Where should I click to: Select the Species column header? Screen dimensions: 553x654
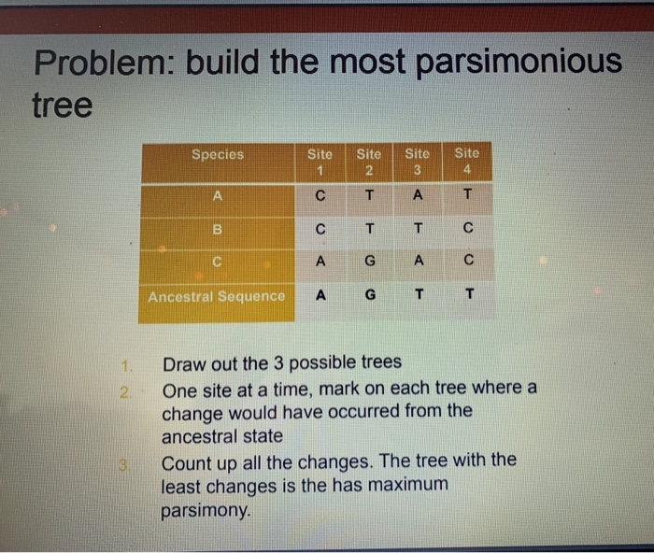(x=217, y=155)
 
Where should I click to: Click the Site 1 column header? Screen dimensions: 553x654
(x=320, y=161)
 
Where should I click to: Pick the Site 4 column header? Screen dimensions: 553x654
(x=466, y=161)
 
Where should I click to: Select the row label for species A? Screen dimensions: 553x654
(x=218, y=196)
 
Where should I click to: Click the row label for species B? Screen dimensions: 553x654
(x=218, y=228)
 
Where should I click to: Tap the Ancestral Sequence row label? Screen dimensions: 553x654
(x=217, y=296)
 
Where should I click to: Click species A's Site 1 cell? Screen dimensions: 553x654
(x=320, y=196)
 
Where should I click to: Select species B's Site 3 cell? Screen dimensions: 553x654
(x=418, y=228)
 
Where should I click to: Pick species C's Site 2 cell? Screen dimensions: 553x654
(x=369, y=262)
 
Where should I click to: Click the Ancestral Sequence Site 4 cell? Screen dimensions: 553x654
(x=469, y=296)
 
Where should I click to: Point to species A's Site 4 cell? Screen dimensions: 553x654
(x=467, y=196)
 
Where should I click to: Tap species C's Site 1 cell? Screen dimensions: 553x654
(x=320, y=262)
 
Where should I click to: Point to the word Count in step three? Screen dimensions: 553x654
(x=190, y=461)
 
